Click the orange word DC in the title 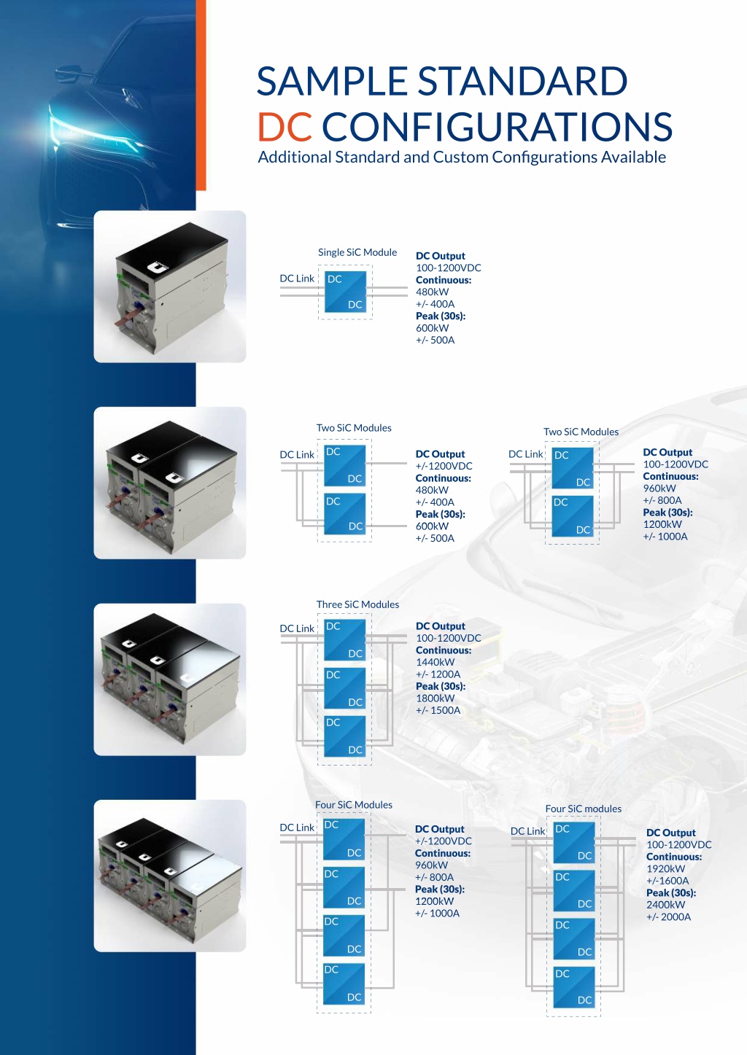[285, 126]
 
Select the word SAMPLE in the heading [332, 81]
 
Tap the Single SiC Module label [357, 252]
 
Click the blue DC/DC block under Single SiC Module [345, 292]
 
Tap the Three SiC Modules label [357, 604]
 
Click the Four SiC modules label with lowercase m [584, 809]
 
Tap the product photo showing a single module [170, 287]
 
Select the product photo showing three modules [170, 680]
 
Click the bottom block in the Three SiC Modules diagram [344, 736]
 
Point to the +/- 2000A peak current [668, 916]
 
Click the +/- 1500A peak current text [438, 710]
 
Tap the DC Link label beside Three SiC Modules [297, 628]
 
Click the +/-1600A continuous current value [667, 881]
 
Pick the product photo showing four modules [170, 876]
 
